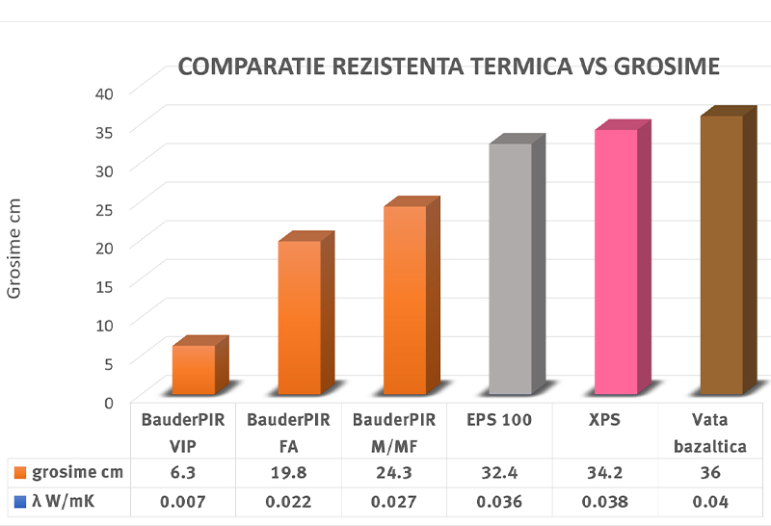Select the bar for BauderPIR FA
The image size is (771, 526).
[x=300, y=317]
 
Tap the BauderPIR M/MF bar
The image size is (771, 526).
[x=405, y=300]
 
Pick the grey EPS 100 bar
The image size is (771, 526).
[x=511, y=269]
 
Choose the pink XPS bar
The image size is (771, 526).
[x=616, y=261]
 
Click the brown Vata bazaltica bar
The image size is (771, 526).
[x=722, y=254]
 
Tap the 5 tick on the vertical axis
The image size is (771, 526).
[x=109, y=363]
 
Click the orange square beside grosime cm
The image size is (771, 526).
[x=20, y=472]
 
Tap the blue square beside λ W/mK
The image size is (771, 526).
[x=20, y=501]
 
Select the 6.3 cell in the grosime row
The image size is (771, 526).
[x=183, y=472]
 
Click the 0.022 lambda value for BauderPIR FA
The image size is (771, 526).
[x=289, y=501]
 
